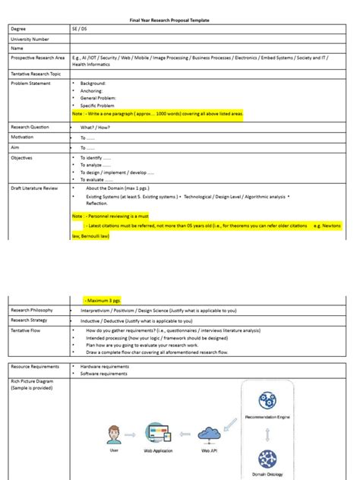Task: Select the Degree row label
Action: pos(17,28)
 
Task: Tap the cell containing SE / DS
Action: pos(79,28)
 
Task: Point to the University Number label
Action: pos(30,38)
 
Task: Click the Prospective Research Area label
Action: pos(36,58)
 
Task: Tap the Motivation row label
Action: pos(22,137)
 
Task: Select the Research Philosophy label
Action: pos(32,310)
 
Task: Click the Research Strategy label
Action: pos(30,321)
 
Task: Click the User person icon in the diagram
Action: pos(115,435)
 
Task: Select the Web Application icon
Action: pos(159,435)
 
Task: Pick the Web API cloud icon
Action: pos(210,434)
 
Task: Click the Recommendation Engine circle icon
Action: pos(267,402)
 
